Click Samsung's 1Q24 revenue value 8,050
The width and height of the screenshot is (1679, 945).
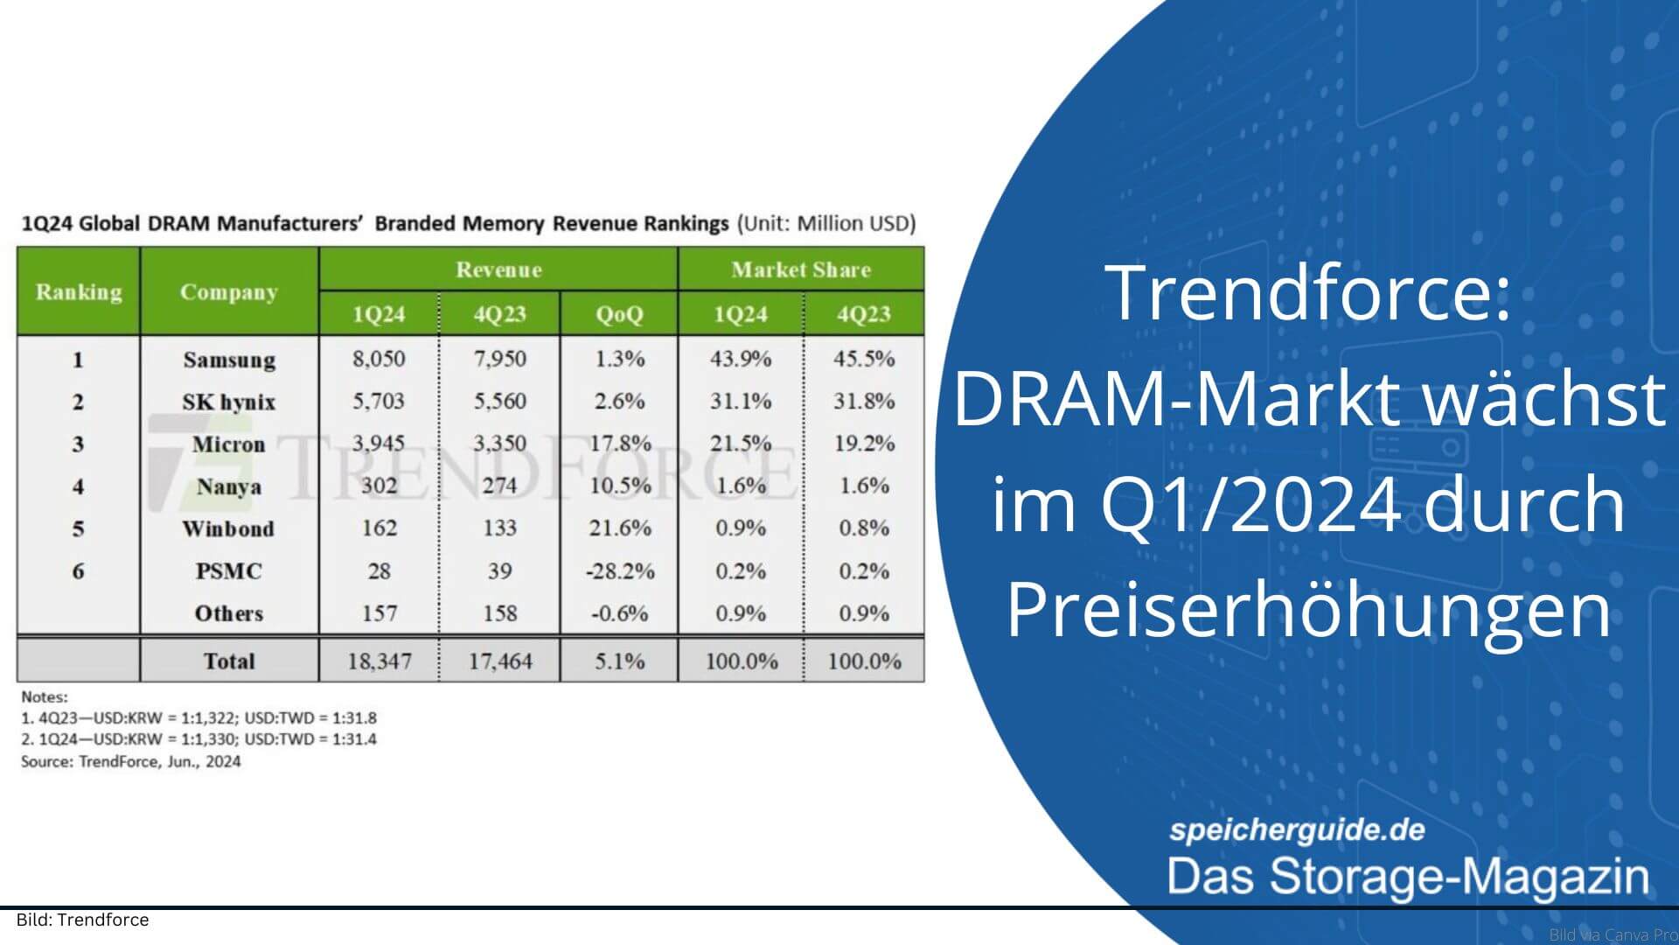379,359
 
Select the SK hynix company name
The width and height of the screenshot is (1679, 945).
228,402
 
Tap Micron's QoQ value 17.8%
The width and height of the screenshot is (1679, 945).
619,444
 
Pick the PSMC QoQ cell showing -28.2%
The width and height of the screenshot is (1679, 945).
619,571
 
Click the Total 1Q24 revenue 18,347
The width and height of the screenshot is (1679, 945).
379,661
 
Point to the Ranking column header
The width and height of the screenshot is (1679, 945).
79,291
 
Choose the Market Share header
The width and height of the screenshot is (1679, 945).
800,269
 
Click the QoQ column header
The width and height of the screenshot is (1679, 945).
619,314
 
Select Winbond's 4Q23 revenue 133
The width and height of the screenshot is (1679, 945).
499,528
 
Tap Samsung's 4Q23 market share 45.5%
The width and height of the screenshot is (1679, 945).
863,359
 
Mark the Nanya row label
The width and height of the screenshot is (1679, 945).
228,486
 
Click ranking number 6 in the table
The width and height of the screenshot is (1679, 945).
78,571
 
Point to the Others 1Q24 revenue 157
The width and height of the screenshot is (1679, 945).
379,613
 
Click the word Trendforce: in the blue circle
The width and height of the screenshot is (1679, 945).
1308,293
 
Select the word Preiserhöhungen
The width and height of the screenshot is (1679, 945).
1308,610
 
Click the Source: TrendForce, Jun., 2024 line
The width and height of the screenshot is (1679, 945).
131,761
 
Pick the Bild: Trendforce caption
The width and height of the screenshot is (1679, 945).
83,920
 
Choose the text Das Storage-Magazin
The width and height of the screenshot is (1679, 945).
1407,877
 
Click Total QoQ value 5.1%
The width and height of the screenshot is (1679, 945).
619,661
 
